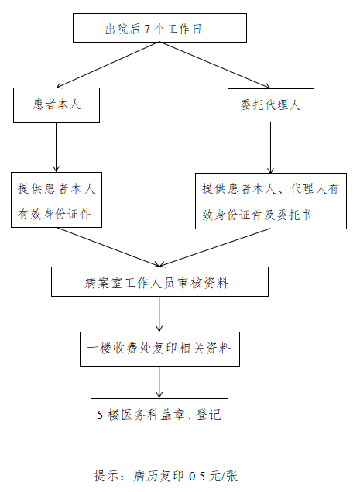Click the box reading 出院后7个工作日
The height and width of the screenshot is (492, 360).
[x=159, y=29]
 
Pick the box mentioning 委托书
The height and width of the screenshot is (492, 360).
[x=270, y=200]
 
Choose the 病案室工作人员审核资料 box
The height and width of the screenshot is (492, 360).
[x=159, y=283]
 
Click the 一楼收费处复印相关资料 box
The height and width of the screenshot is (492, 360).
[x=159, y=349]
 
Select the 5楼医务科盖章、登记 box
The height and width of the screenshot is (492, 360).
[x=159, y=415]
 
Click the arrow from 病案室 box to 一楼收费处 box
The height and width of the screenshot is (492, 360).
[x=159, y=314]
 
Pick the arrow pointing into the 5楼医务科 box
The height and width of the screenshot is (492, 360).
[x=159, y=381]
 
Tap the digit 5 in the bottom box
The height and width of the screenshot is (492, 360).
[x=101, y=415]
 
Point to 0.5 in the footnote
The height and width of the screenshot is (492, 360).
[x=199, y=476]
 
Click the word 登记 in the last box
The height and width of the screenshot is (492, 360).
[x=209, y=415]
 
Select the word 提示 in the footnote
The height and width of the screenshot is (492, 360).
[x=105, y=476]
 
